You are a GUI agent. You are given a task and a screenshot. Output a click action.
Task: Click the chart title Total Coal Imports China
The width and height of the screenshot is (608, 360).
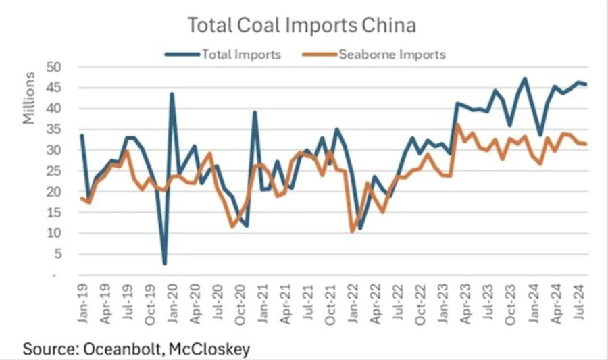[301, 26]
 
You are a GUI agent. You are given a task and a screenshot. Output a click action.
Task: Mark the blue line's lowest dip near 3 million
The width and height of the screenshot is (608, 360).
[164, 263]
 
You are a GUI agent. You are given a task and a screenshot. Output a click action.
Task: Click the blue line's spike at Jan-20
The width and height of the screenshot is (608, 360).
[172, 94]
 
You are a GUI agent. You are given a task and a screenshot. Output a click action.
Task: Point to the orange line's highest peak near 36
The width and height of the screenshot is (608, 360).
[458, 125]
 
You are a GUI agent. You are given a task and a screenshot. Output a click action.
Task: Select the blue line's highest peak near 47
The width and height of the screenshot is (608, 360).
[525, 79]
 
